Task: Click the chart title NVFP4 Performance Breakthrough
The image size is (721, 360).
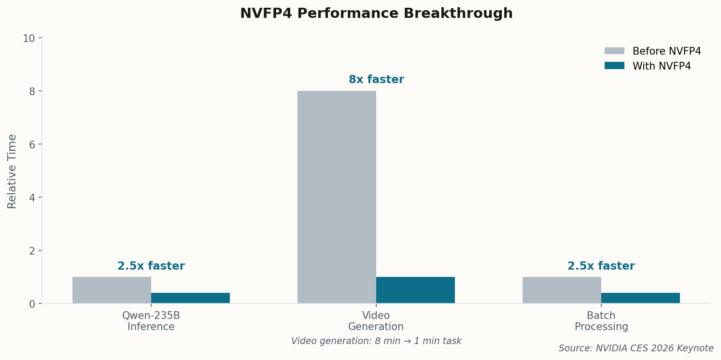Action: [376, 14]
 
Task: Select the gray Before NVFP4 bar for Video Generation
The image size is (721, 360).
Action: [337, 197]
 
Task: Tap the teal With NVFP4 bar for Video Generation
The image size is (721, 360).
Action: [415, 290]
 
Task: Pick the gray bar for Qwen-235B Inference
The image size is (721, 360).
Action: [112, 290]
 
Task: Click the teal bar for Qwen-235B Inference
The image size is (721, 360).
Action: [190, 298]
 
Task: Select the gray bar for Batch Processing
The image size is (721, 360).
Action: [562, 290]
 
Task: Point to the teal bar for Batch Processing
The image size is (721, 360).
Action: [640, 298]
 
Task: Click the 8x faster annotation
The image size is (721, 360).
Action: [376, 80]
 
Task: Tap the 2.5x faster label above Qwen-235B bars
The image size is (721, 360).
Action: [151, 266]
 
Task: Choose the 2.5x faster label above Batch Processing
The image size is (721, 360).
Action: [601, 266]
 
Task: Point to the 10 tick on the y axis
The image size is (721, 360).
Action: [29, 38]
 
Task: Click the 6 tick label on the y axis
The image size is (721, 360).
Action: [32, 144]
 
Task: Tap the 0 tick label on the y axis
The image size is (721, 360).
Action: [32, 304]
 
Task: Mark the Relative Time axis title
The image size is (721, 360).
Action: [13, 171]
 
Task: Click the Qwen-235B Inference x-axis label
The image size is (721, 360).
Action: [151, 321]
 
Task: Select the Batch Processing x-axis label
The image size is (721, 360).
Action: [601, 321]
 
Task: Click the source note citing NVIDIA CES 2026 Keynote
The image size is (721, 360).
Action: [636, 348]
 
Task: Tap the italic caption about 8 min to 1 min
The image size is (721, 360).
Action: [376, 341]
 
